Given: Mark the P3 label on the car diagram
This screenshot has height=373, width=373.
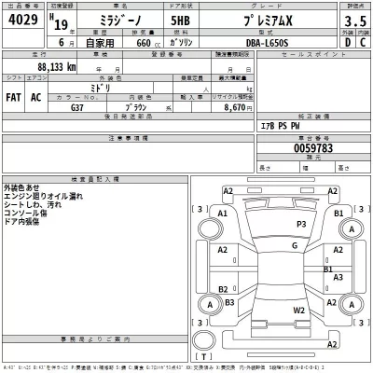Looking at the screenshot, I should [300, 225].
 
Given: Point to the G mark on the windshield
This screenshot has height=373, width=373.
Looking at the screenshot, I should [294, 244].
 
